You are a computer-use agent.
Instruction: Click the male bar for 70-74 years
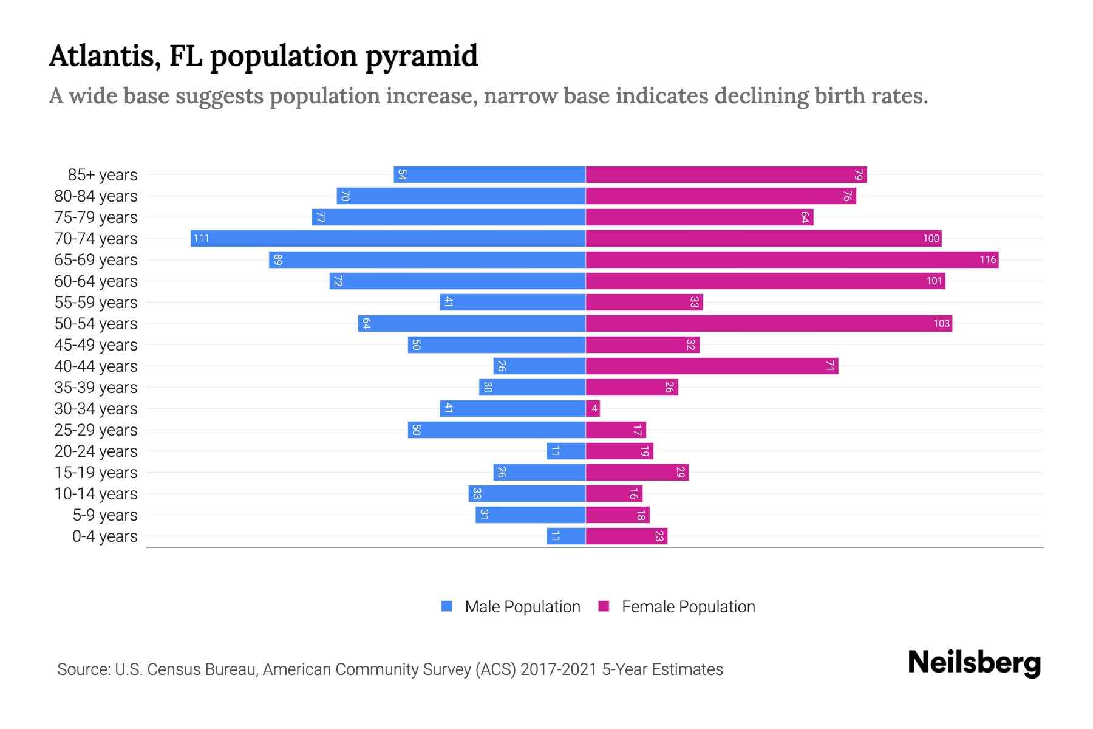coord(389,238)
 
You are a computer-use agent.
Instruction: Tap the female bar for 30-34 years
coord(593,408)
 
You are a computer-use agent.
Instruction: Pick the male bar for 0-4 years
coord(566,536)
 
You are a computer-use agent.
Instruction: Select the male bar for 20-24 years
coord(566,451)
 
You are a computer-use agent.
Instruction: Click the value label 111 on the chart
coord(201,238)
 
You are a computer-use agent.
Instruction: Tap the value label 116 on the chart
coord(987,259)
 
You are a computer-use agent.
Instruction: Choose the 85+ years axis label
coord(103,175)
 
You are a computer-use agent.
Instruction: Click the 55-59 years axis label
coord(96,303)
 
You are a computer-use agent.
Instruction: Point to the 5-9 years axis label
coord(105,515)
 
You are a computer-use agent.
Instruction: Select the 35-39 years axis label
coord(96,388)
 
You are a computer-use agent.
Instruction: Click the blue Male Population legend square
coord(447,606)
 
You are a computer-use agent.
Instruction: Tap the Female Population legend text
coord(688,607)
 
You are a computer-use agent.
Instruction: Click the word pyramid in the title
coord(421,56)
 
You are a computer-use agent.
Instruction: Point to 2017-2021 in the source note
coord(559,669)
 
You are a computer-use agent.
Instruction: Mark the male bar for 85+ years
coord(489,174)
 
